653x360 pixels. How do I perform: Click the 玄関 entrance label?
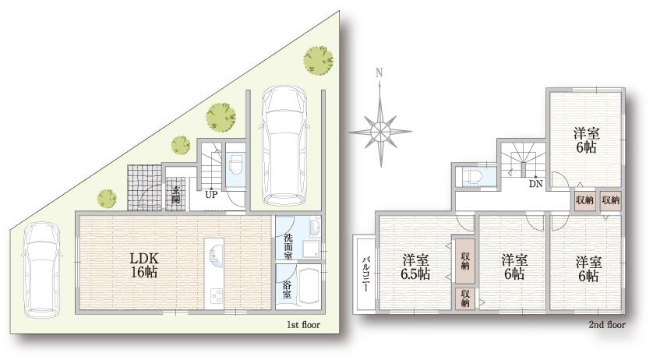click(x=177, y=193)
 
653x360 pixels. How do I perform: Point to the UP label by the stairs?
click(x=210, y=195)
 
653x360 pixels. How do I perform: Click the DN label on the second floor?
click(x=535, y=184)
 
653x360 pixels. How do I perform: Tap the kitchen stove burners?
click(x=214, y=296)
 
